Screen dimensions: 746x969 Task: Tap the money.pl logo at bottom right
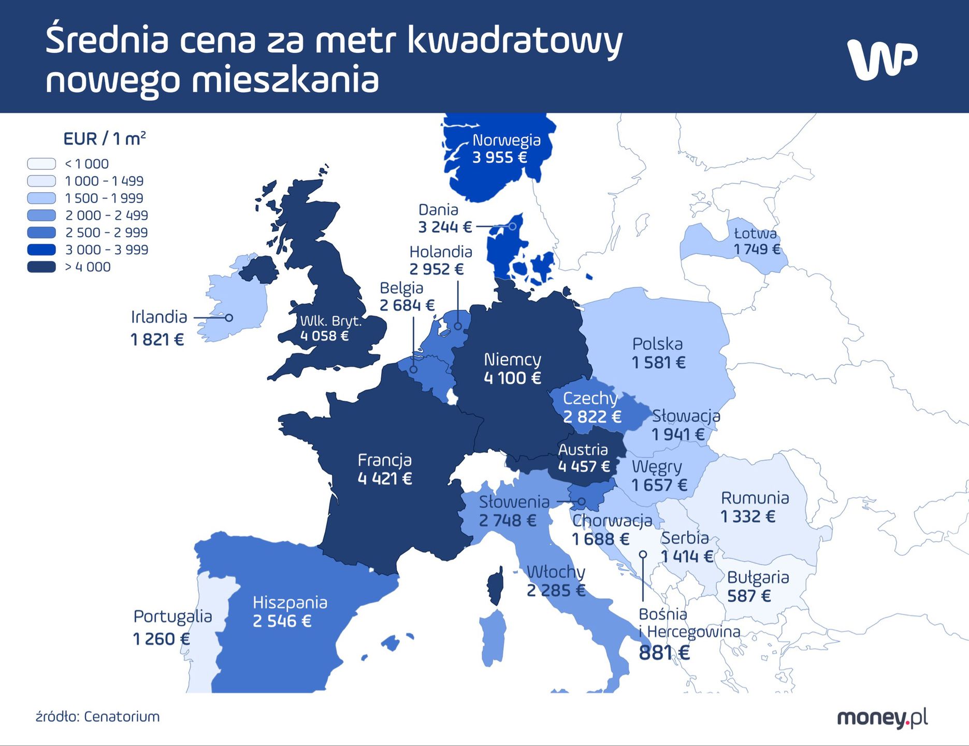[882, 718]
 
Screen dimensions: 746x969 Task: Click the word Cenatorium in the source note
[122, 716]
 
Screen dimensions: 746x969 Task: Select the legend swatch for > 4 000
[41, 267]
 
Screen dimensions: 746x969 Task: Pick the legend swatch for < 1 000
[41, 164]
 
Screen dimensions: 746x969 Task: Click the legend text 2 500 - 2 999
[106, 233]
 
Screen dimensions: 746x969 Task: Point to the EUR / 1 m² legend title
[104, 139]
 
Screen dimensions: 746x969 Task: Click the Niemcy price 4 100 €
[512, 378]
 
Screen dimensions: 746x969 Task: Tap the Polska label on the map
[657, 344]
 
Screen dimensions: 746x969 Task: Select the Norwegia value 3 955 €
[499, 157]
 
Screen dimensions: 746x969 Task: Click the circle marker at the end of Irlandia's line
[229, 318]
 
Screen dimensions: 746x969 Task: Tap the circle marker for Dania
[512, 226]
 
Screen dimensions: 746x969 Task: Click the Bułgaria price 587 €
[749, 596]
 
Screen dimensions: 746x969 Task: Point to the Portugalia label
[172, 616]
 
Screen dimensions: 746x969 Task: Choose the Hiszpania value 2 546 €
[282, 621]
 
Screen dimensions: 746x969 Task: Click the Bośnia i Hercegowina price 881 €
[664, 653]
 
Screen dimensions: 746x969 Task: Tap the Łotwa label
[755, 233]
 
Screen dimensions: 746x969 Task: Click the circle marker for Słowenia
[581, 501]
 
